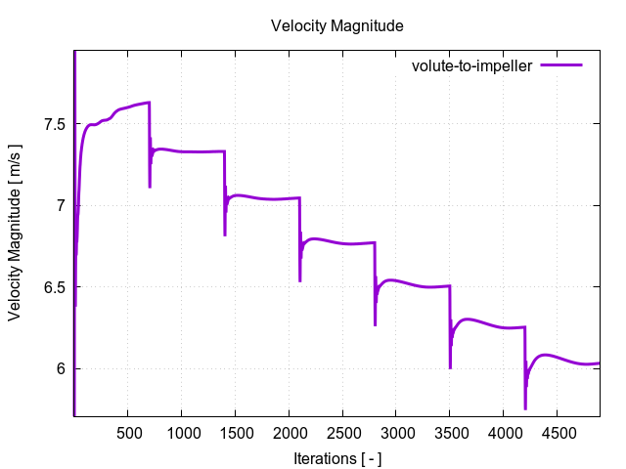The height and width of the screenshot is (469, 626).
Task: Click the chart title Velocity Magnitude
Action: (x=336, y=26)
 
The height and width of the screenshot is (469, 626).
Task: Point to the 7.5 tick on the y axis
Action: (x=54, y=124)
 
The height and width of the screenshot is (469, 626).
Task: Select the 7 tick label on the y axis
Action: (x=61, y=206)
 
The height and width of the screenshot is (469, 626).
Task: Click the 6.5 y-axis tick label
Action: (x=54, y=287)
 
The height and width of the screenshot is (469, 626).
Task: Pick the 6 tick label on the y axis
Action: (x=61, y=369)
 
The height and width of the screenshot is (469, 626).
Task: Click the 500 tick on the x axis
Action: (x=128, y=433)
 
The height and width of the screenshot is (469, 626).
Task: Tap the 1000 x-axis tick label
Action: (x=182, y=433)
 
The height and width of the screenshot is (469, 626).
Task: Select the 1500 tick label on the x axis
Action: (x=235, y=433)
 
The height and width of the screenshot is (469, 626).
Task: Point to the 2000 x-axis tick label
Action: (x=289, y=433)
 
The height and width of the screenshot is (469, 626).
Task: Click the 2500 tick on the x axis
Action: (x=342, y=433)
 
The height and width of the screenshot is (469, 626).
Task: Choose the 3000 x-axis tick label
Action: (x=396, y=433)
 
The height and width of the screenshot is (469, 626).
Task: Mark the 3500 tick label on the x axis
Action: (x=449, y=433)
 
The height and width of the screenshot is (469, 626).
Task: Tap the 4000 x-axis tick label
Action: (x=503, y=433)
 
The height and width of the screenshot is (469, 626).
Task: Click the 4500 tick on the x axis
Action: (x=557, y=433)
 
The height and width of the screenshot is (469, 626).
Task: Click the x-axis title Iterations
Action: (x=336, y=457)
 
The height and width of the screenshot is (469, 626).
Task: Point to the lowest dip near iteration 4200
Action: (x=525, y=407)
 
